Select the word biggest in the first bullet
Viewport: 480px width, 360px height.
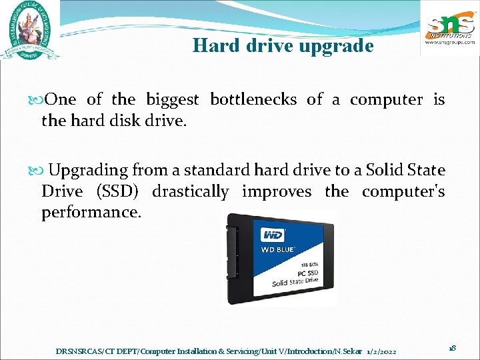[173, 100]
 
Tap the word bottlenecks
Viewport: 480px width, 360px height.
[253, 100]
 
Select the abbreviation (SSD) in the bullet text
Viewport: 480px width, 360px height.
[117, 192]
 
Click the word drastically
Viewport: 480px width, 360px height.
[190, 192]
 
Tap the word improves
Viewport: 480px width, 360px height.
[276, 192]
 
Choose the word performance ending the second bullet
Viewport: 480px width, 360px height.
[91, 213]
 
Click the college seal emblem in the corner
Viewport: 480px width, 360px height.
[31, 33]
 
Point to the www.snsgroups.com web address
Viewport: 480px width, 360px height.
[450, 41]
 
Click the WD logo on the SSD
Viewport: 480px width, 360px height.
[273, 235]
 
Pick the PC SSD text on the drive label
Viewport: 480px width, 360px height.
[307, 273]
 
